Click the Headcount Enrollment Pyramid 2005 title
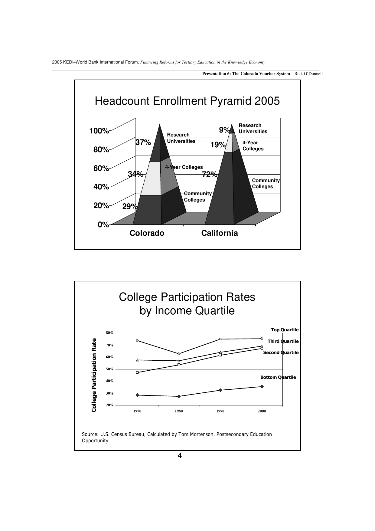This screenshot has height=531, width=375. [x=187, y=101]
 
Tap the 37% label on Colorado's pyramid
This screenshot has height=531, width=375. [x=143, y=142]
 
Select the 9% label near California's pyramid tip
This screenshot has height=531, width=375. [x=224, y=130]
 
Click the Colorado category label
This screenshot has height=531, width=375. [x=147, y=233]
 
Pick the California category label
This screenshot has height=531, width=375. [x=220, y=233]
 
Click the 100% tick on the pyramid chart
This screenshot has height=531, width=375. [x=99, y=131]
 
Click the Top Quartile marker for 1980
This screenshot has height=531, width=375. [x=179, y=354]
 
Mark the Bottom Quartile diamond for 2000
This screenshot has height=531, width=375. [x=262, y=386]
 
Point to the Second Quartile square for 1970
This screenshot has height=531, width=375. [x=137, y=372]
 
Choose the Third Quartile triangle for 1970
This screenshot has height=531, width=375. [x=137, y=360]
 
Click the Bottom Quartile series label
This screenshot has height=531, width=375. [x=278, y=377]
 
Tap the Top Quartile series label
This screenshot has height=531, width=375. [x=285, y=330]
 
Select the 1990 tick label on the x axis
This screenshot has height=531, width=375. [x=220, y=411]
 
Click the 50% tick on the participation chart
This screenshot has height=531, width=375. [x=110, y=369]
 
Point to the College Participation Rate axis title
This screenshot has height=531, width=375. [x=94, y=375]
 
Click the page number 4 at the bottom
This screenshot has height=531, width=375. [x=180, y=456]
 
